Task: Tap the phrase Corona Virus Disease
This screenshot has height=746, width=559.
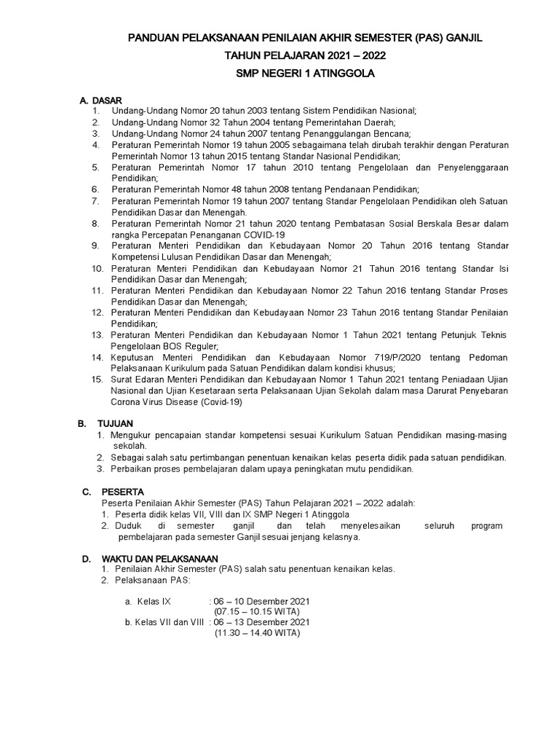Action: [x=154, y=401]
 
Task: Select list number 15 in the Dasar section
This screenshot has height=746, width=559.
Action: [x=98, y=380]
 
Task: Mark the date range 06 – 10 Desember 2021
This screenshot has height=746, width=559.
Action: [x=261, y=601]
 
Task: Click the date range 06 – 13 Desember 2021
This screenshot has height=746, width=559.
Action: [x=261, y=622]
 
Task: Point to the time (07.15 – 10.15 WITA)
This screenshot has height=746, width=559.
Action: [x=257, y=612]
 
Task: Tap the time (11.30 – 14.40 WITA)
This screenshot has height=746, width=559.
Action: [x=257, y=633]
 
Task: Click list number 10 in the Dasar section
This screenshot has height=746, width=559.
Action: [x=98, y=269]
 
